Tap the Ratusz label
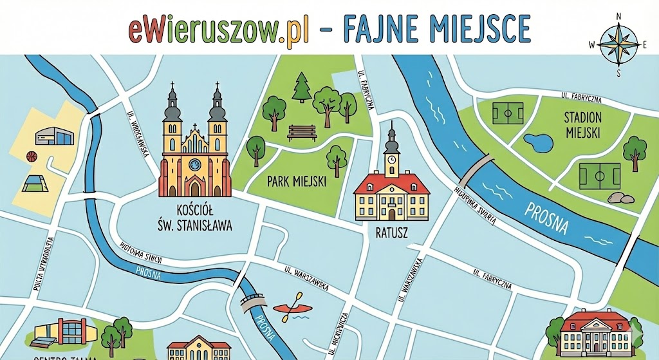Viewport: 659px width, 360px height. pos(392,231)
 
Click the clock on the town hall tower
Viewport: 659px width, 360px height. pos(391,158)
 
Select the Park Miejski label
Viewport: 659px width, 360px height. pos(297,182)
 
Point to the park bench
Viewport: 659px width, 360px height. pos(301,132)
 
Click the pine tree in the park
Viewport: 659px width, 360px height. pos(301,88)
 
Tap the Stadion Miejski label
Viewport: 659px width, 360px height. pos(582,125)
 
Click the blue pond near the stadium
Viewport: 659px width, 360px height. pos(537,141)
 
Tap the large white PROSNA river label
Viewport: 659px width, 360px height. pos(546,218)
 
